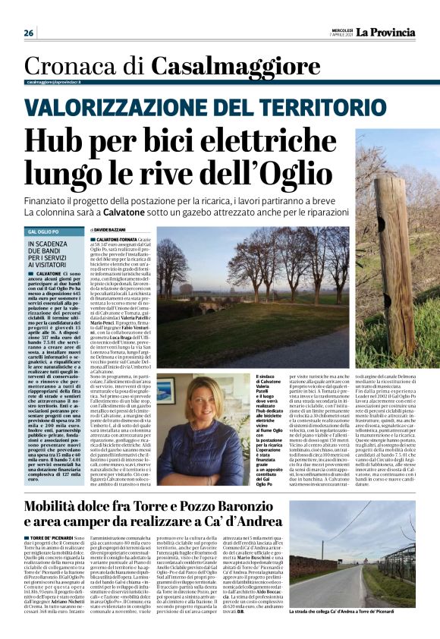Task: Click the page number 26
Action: (x=29, y=33)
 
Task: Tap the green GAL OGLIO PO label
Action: (x=45, y=231)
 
